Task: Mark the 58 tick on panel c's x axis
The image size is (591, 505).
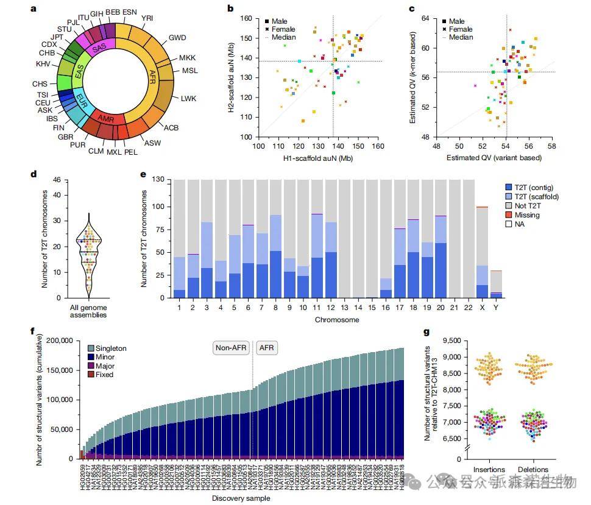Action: pos(551,147)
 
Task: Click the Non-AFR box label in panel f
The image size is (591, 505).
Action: pos(231,348)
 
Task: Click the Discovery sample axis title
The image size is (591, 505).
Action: pos(238,499)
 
